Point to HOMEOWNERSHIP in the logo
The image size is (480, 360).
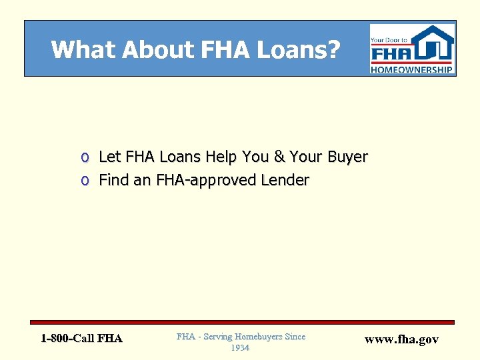[x=413, y=69]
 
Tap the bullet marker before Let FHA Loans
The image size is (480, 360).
[x=85, y=158]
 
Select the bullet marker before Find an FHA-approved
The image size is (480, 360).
[x=85, y=181]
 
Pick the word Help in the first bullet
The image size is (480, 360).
[x=223, y=157]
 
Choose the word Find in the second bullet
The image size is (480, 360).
[x=114, y=180]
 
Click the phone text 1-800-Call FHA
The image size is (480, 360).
[x=81, y=339]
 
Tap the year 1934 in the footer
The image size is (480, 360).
[x=240, y=348]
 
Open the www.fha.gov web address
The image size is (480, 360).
[x=402, y=339]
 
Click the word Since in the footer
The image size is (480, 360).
[x=295, y=337]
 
